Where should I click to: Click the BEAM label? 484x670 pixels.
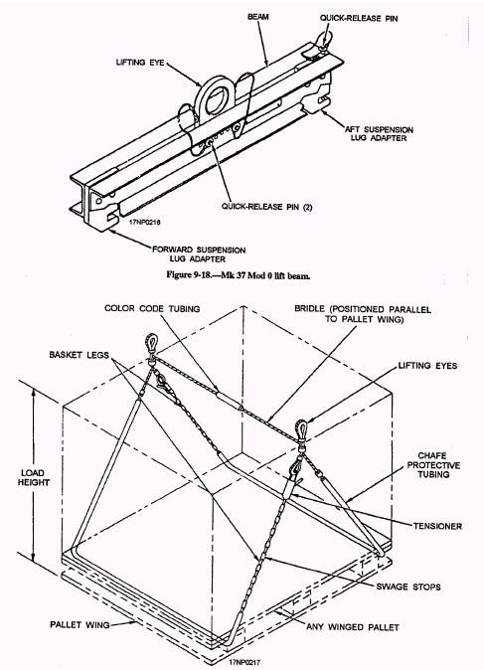coord(258,17)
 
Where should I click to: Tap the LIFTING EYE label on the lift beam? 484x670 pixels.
coord(140,63)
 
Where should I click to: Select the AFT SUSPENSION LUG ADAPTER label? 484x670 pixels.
coord(379,134)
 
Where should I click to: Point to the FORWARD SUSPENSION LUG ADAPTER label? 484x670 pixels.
coord(199,254)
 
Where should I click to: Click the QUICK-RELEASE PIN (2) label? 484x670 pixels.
coord(266,207)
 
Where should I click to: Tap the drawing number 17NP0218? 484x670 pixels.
coord(145,223)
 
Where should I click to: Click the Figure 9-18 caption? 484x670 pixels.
coord(238,275)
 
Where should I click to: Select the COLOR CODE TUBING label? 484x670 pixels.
coord(152,308)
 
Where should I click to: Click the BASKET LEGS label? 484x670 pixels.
coord(79,355)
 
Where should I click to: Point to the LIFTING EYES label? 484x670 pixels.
coord(427,366)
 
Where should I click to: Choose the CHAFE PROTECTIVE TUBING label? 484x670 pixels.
coord(433,465)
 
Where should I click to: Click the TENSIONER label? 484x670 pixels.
coord(437,526)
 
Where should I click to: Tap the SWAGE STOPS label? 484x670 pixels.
coord(407,586)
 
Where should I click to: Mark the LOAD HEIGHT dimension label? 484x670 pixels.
coord(34,478)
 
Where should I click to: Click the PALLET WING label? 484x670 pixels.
coord(80,624)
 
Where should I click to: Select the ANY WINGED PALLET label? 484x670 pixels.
coord(353,627)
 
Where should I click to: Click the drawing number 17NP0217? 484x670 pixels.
coord(243,662)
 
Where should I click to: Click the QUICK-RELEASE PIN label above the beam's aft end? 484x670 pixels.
coord(359,18)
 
